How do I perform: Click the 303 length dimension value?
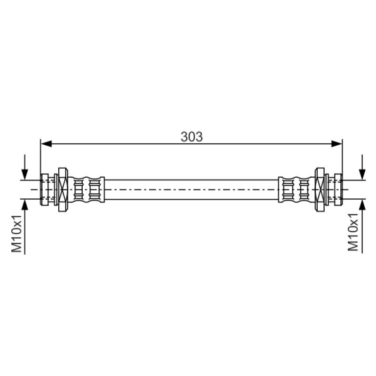click(x=192, y=137)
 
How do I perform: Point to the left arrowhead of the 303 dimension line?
click(x=46, y=144)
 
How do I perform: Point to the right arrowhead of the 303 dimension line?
click(x=337, y=144)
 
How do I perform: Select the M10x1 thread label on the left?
click(x=17, y=233)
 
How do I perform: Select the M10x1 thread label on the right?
click(x=353, y=232)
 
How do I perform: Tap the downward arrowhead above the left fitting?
click(x=25, y=174)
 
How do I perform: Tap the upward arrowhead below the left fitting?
click(x=25, y=204)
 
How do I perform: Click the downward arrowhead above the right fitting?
click(x=362, y=174)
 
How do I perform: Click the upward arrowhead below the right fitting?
click(x=362, y=204)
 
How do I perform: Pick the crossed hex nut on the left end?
click(x=63, y=190)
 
